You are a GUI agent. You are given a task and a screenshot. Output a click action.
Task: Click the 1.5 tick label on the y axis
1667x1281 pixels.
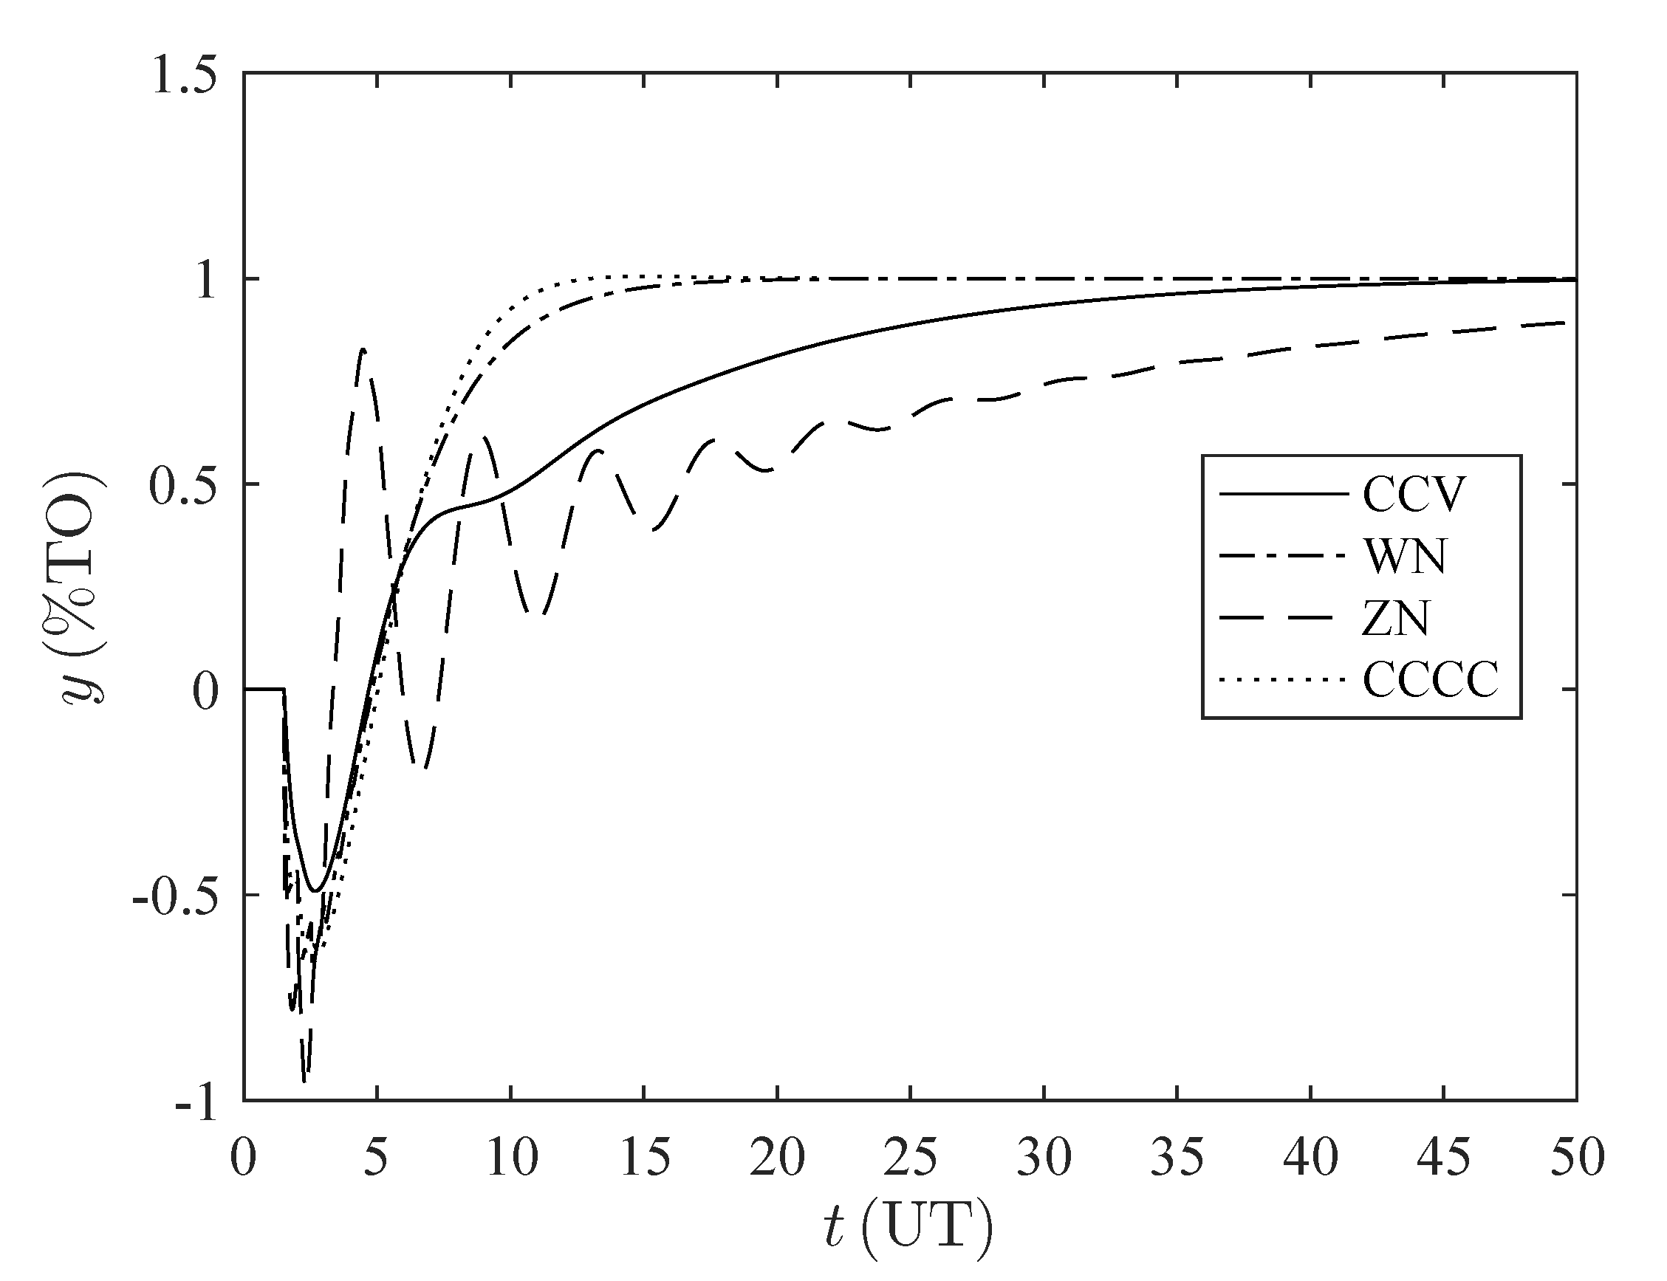tap(184, 75)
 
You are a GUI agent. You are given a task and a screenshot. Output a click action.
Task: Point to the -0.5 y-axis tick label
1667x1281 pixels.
tap(174, 895)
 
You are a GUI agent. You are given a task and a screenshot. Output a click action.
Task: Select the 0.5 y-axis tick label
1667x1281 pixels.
tap(184, 485)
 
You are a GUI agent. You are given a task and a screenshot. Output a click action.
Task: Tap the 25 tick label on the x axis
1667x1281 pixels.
tap(911, 1158)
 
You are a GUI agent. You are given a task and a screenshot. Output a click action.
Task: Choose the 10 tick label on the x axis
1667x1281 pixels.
tap(510, 1158)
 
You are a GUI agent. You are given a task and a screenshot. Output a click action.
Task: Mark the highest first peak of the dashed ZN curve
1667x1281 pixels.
tap(363, 350)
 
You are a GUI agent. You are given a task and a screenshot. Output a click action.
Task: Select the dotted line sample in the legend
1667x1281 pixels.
tap(1284, 679)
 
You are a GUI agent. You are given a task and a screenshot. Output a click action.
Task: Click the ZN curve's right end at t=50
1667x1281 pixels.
tap(1564, 323)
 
